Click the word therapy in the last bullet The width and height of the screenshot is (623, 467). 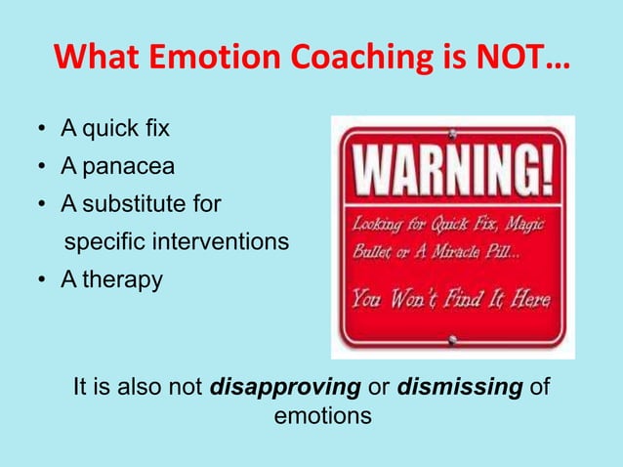coord(123,279)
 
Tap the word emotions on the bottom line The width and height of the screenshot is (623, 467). coord(323,415)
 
